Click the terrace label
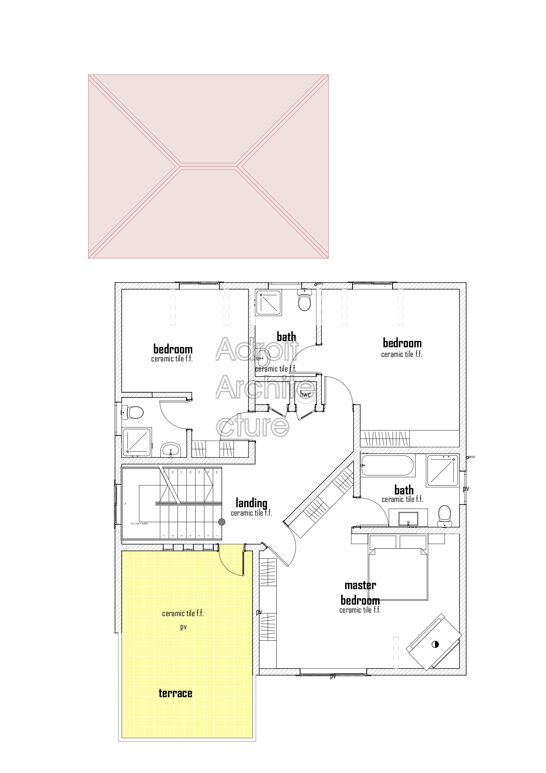coord(175,693)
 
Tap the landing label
coord(251,503)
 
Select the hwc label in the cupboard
coord(305,394)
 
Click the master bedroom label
coord(360,593)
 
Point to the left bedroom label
coord(173,349)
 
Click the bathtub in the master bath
coord(387,465)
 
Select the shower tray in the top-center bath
coord(268,302)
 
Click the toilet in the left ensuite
coord(134,413)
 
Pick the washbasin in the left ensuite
coord(171,450)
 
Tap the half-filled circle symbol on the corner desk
coord(435,644)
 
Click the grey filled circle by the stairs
coord(222,522)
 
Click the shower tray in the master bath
coord(442,471)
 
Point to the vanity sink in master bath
coord(408,518)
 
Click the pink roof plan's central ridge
coord(208,166)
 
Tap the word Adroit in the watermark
coord(257,349)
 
